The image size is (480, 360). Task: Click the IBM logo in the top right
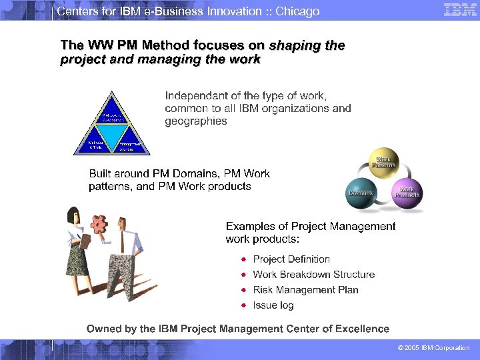459,10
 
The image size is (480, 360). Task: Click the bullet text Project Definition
291,259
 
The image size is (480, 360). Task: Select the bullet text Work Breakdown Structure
313,275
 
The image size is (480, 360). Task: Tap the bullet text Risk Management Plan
305,290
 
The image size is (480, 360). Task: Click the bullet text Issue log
273,305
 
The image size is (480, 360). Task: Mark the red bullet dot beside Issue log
245,305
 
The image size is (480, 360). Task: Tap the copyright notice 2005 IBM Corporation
433,348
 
